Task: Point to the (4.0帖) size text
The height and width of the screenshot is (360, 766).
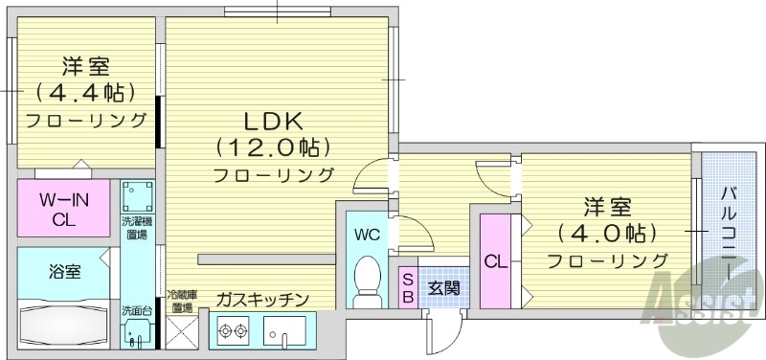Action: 607,233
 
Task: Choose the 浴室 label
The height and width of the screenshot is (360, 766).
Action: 64,272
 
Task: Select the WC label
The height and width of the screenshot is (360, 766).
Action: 368,235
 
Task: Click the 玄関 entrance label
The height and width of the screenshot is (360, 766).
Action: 442,286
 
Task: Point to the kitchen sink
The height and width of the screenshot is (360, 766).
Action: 285,332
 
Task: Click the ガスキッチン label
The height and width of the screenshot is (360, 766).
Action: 261,300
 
